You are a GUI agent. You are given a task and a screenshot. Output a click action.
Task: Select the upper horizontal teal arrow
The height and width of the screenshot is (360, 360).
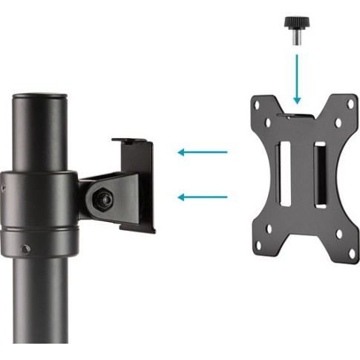(x=203, y=152)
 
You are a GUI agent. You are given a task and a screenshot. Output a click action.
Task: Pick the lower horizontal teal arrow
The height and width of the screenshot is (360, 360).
(x=203, y=197)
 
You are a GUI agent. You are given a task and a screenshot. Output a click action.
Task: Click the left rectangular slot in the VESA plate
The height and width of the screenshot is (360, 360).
(x=284, y=175)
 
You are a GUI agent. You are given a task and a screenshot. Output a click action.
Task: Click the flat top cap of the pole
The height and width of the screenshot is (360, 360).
(x=41, y=96)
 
